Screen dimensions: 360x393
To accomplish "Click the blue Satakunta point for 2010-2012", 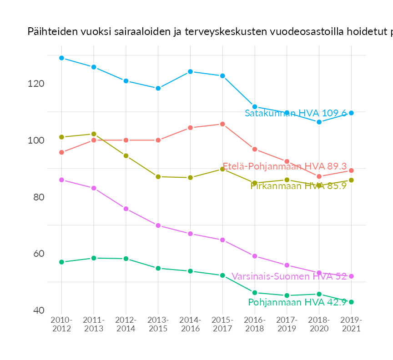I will pos(61,58).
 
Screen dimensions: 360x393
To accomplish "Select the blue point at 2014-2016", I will pos(190,71).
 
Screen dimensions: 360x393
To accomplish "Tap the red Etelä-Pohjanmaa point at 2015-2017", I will pos(222,124).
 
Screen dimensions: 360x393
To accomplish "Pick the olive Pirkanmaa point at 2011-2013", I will pos(94,134).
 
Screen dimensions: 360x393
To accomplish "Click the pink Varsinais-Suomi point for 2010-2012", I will pos(61,180).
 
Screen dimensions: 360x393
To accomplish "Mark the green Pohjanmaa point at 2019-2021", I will pos(351,302).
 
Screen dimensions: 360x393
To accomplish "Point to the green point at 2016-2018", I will pos(255,293).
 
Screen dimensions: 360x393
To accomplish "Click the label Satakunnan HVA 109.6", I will pos(296,113).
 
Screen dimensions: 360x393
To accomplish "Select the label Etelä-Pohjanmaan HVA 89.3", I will pos(284,166).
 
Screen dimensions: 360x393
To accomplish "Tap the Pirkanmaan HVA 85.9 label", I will pos(298,185).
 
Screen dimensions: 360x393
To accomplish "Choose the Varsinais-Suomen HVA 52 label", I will pos(289,276).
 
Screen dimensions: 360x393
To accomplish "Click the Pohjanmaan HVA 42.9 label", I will pos(297,302).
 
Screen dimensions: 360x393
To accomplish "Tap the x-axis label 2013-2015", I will pos(158,325).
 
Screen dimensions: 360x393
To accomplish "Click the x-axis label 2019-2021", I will pos(351,325).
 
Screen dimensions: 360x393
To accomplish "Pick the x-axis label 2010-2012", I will pos(61,325).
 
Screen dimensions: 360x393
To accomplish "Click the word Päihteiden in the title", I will pos(51,31).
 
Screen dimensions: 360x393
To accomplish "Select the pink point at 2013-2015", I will pos(158,225).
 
